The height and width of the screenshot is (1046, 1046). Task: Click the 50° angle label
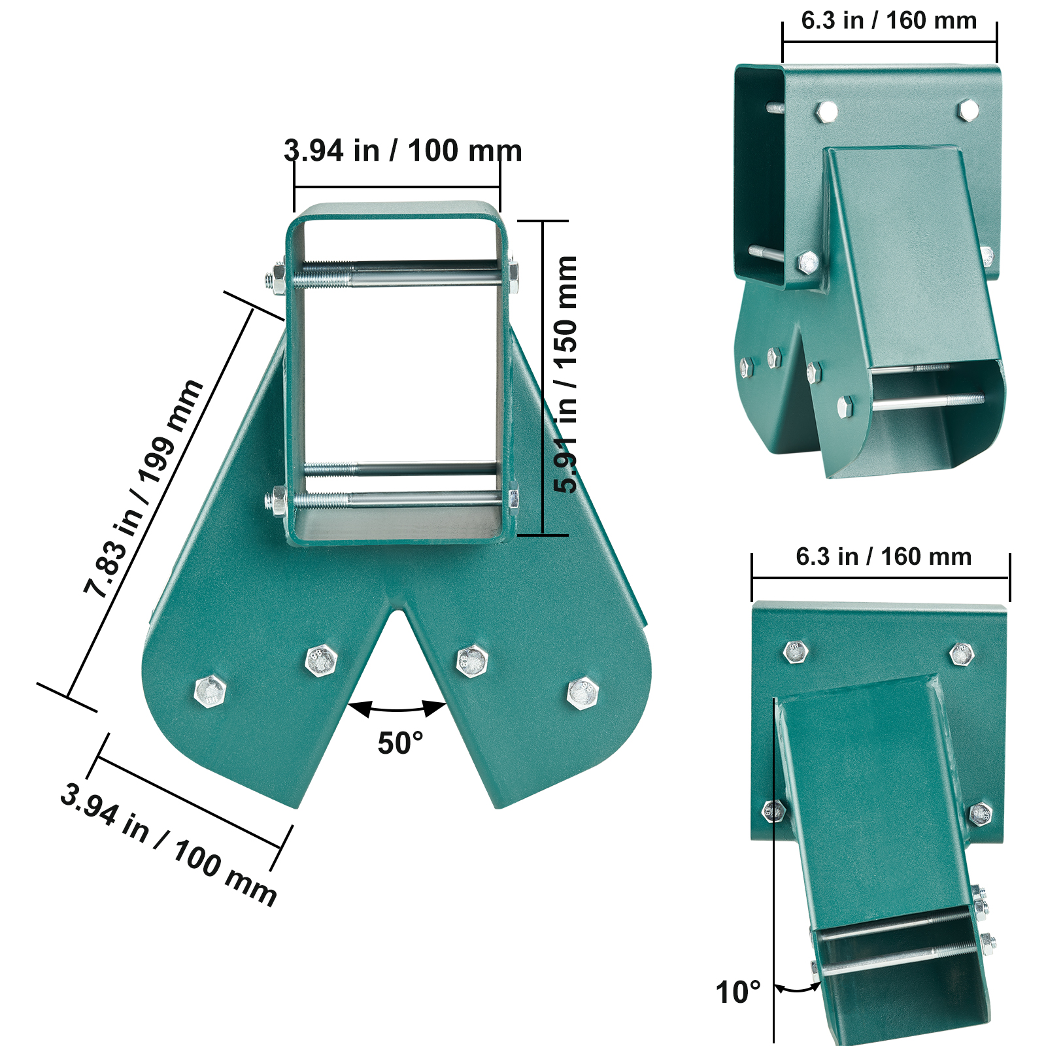click(400, 744)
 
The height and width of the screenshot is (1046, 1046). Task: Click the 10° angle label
click(738, 992)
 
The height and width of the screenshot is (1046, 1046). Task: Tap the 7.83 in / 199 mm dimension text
click(143, 487)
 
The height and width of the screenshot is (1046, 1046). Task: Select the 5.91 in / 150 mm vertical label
click(565, 375)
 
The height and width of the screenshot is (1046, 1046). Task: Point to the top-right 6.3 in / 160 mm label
click(888, 21)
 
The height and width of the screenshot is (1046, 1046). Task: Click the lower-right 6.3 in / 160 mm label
click(883, 557)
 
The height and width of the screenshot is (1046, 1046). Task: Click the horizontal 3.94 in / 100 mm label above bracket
click(403, 151)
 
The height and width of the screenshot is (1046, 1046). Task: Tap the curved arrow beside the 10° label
click(798, 988)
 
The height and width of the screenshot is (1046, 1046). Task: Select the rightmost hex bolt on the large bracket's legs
click(582, 693)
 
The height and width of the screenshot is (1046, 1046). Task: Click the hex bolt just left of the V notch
click(321, 660)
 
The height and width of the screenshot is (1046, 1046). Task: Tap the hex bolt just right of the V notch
click(472, 660)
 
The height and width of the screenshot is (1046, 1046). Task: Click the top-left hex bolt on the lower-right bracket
click(796, 652)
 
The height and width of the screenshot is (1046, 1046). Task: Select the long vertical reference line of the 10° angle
click(774, 869)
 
